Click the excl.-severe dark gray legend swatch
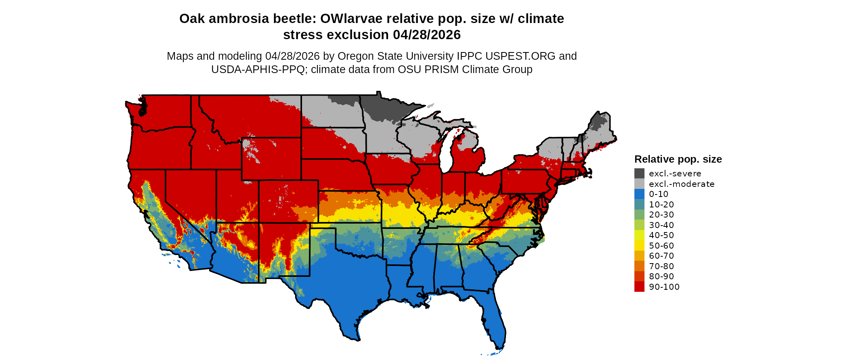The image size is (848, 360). click(639, 174)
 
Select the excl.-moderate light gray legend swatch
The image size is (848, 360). click(639, 184)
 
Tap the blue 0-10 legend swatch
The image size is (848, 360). click(639, 194)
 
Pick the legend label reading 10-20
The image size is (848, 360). click(661, 205)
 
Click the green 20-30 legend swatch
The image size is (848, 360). click(639, 215)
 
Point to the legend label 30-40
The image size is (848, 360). click(661, 225)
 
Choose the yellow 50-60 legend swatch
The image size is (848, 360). click(639, 246)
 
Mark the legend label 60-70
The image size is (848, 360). click(661, 256)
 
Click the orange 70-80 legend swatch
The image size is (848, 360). click(639, 266)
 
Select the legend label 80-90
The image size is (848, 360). click(661, 276)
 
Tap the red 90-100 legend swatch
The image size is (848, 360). click(639, 287)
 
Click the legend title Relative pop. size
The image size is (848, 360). click(678, 159)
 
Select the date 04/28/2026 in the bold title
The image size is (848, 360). click(426, 35)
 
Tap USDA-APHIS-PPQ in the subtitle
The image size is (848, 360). click(258, 69)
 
